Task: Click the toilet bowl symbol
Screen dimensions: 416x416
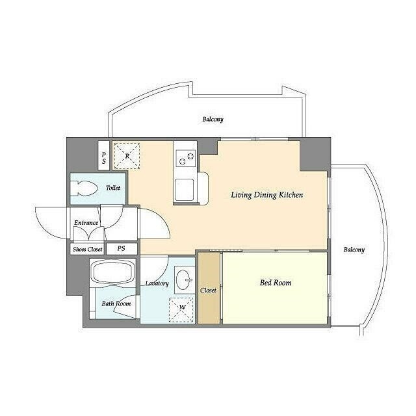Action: pos(83,188)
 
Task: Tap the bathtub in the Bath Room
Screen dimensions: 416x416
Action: pos(112,272)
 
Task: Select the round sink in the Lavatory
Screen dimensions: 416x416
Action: pos(184,279)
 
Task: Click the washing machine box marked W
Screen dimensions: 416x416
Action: pos(181,310)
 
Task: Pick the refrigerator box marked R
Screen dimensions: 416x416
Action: pos(127,156)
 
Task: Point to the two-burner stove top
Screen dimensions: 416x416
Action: pos(186,159)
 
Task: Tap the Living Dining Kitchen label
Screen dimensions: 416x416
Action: pos(267,195)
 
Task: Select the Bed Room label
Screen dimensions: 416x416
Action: pos(276,283)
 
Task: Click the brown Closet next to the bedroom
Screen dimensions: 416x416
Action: pos(209,288)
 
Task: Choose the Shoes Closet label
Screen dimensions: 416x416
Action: pos(88,250)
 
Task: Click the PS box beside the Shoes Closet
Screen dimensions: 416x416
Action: pos(122,249)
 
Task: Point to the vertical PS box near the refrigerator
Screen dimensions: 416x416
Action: pos(104,156)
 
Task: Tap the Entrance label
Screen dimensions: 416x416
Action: pos(86,223)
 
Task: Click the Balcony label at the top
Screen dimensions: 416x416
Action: pos(213,120)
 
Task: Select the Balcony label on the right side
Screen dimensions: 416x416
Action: pos(354,250)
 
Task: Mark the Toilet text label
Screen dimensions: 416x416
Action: pos(113,188)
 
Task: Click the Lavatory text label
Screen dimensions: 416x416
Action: pos(157,283)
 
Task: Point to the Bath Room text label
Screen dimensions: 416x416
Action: pos(116,304)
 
